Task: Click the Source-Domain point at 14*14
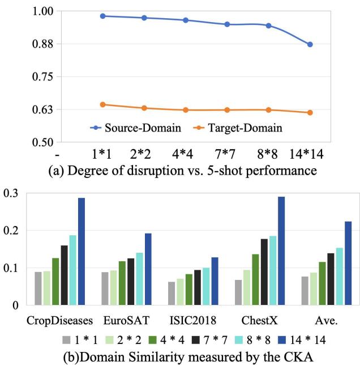pos(310,44)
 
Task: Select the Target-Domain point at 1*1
pos(102,104)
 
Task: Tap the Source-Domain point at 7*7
pos(227,24)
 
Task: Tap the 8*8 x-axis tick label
pos(268,153)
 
